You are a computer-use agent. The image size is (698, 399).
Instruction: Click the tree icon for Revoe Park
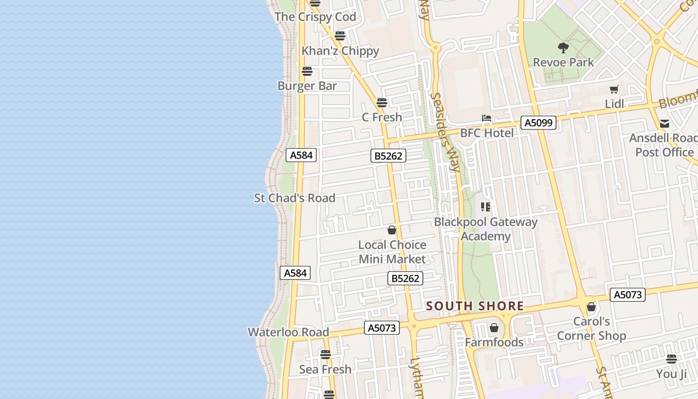pos(563,48)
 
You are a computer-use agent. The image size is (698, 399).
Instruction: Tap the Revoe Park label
pos(563,62)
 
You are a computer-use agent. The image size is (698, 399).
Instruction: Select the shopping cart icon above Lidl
pos(614,90)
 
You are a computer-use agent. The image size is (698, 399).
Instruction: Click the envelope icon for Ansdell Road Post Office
pos(664,123)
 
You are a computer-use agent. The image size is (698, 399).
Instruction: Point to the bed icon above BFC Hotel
pos(487,119)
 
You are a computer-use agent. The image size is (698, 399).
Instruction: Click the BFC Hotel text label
pos(487,133)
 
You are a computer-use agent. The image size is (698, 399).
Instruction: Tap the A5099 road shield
pos(538,122)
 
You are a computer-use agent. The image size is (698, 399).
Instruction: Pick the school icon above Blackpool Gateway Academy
pos(486,206)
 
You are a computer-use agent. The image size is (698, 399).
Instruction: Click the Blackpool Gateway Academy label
pos(486,229)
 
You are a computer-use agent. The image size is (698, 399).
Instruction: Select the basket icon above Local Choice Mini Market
pos(392,230)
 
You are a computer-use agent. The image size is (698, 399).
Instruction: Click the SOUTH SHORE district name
pos(475,306)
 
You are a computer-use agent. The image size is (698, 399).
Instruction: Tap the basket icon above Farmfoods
pos(494,328)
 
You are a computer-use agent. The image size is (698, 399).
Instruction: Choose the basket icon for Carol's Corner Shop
pos(591,307)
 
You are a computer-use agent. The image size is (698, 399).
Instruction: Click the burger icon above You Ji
pos(672,359)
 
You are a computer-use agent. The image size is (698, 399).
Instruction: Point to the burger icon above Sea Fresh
pos(326,355)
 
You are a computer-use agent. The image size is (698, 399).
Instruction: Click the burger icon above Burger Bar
pos(307,71)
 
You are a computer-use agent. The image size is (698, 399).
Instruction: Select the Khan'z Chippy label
pos(340,51)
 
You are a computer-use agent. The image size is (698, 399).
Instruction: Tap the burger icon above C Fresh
pos(382,103)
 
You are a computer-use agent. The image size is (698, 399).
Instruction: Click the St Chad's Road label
pos(295,198)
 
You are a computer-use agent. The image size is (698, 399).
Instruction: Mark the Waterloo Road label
pos(288,332)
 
